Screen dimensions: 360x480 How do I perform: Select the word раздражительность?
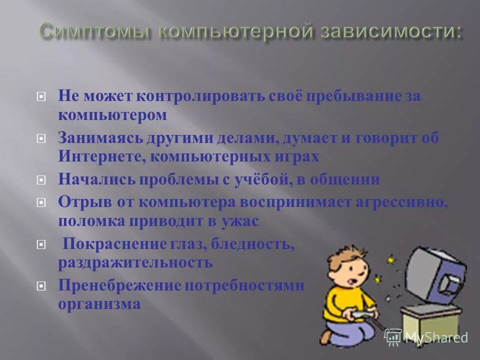point(135,262)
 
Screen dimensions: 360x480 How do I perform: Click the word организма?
point(99,304)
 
